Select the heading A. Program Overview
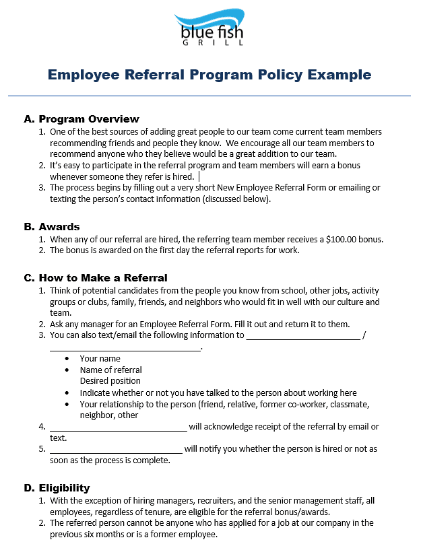coord(81,119)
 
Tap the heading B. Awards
coord(51,227)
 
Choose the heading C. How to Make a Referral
coord(95,277)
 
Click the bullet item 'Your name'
coord(100,359)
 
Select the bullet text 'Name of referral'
coord(110,370)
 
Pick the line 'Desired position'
coord(110,381)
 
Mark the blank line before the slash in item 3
coord(302,337)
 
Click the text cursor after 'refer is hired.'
coord(199,176)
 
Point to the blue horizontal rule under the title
coord(209,96)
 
